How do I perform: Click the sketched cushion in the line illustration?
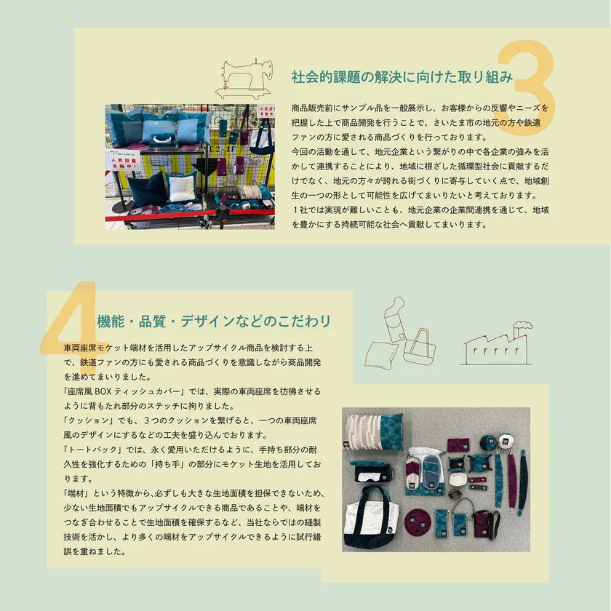click(379, 355)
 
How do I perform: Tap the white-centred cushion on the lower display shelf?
click(182, 187)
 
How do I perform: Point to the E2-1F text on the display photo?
click(222, 148)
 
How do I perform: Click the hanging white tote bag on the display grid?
click(262, 140)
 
